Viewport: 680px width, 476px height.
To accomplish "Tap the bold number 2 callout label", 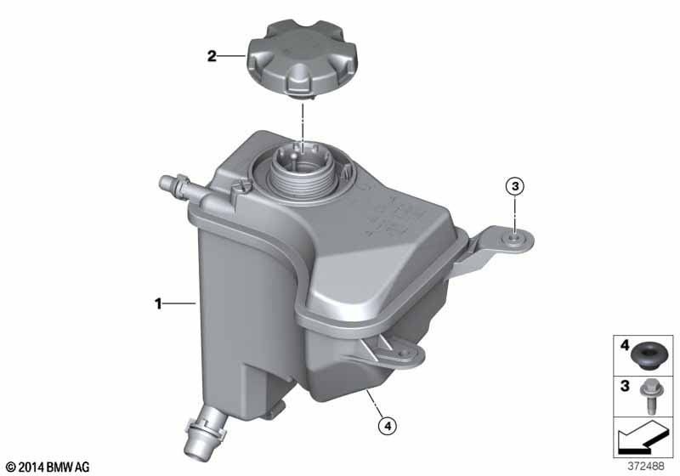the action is tap(212, 56).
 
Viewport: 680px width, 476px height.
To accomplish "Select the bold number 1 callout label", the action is tap(158, 304).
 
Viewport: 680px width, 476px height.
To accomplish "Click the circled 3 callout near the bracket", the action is tap(515, 186).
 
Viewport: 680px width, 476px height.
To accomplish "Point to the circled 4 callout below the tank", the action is tap(388, 426).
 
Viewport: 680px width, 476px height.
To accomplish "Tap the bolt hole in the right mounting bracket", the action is tap(514, 239).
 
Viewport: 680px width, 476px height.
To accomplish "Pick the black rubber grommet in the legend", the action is tap(646, 355).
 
